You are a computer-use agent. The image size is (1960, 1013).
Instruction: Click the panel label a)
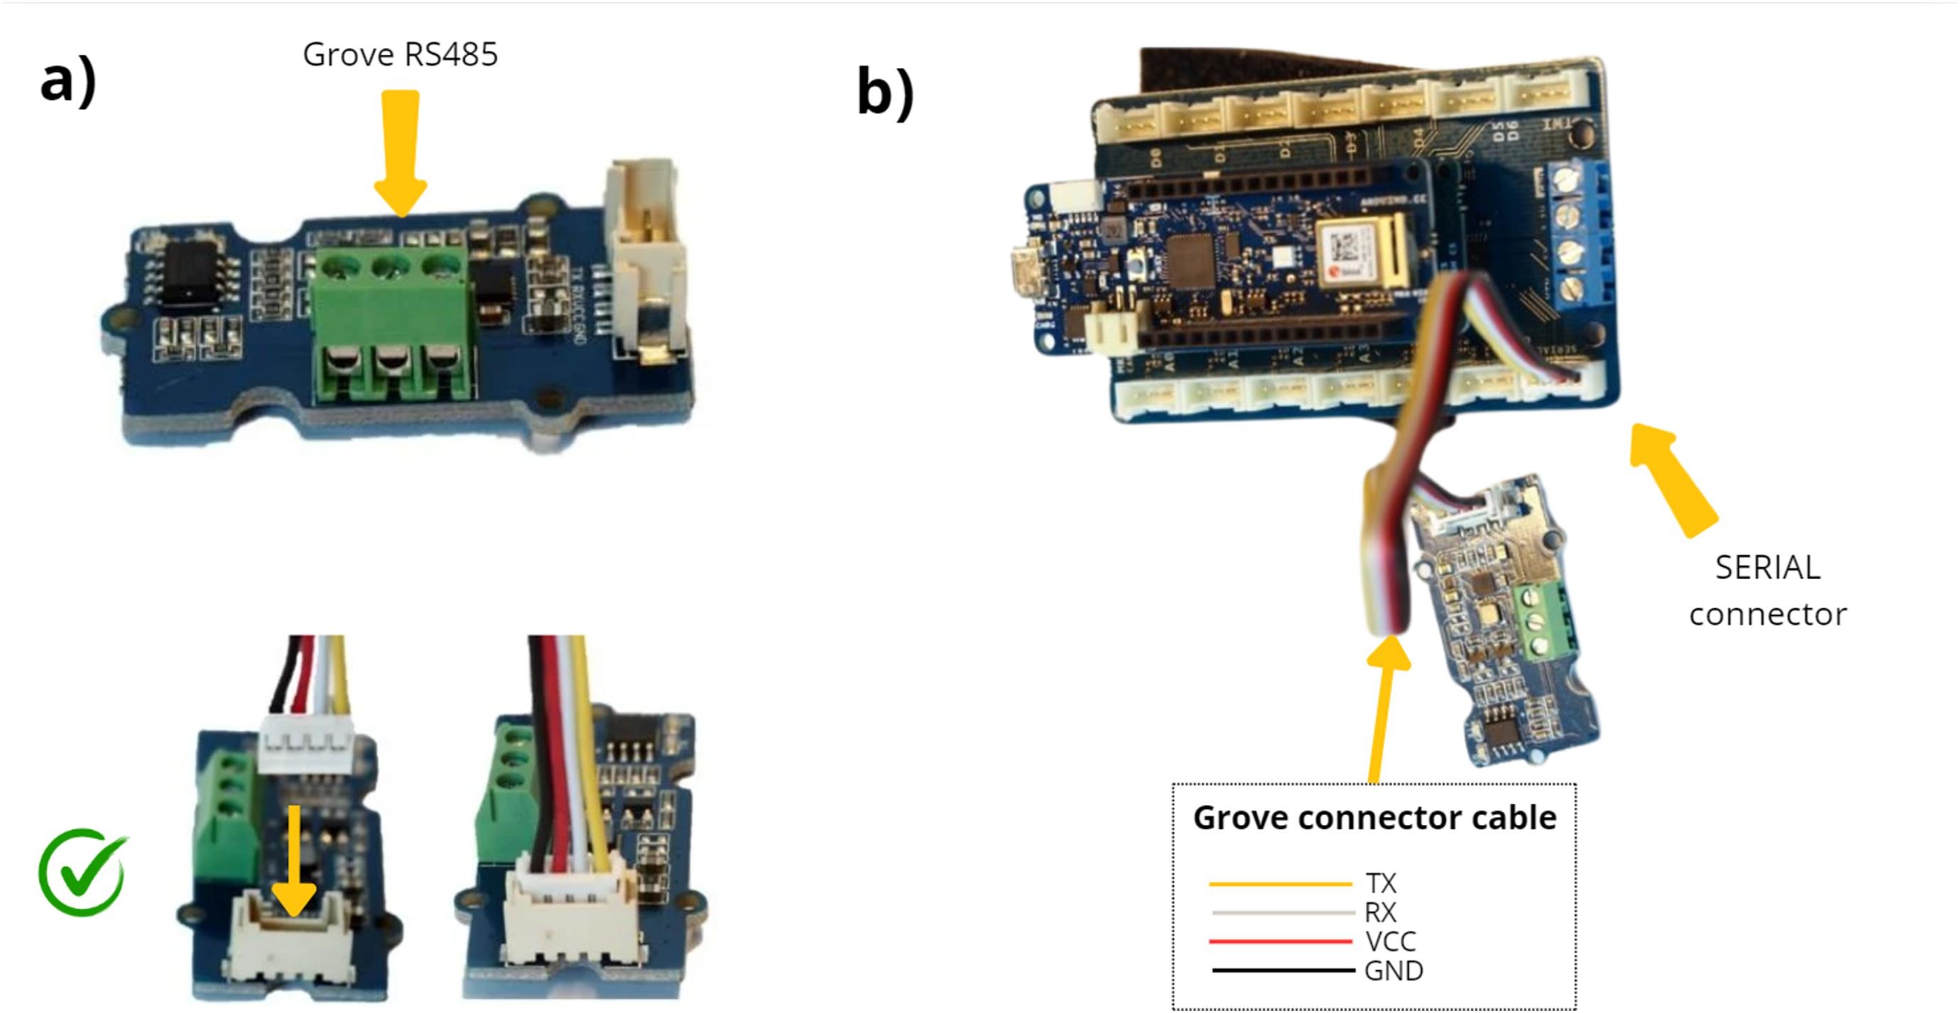pos(68,82)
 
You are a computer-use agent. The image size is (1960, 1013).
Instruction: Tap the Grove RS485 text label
pos(400,55)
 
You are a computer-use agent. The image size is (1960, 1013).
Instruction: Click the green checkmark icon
pos(82,873)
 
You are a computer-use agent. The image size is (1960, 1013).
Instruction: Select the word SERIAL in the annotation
pos(1767,568)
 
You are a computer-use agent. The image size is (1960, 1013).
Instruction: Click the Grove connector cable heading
pos(1374,817)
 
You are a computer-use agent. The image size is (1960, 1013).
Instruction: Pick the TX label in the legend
pos(1380,883)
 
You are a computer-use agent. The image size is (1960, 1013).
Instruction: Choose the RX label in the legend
pos(1380,912)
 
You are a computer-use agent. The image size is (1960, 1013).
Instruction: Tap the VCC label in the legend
pos(1390,941)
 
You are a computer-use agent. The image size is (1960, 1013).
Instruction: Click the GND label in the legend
pos(1393,971)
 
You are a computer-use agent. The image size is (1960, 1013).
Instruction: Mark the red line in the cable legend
pos(1279,941)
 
